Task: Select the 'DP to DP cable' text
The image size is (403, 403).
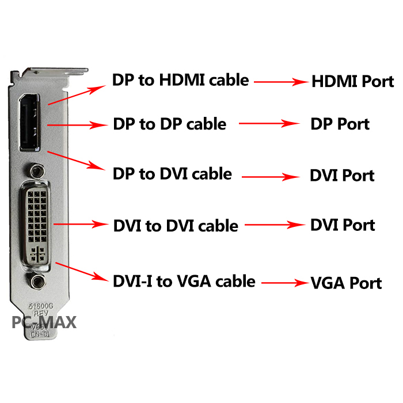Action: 169,123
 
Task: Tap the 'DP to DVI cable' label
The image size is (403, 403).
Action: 173,173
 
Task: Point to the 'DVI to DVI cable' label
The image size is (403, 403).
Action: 176,225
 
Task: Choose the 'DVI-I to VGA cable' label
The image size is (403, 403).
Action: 184,281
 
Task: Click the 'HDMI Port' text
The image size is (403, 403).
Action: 352,81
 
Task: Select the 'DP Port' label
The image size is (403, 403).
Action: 340,124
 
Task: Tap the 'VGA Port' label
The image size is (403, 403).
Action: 346,283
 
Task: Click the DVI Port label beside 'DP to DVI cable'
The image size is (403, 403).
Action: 342,175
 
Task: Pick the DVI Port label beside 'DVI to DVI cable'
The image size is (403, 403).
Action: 343,225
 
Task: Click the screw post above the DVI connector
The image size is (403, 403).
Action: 37,171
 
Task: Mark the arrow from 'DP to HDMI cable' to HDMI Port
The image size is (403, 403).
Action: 281,82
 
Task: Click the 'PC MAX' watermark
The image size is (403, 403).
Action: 44,322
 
